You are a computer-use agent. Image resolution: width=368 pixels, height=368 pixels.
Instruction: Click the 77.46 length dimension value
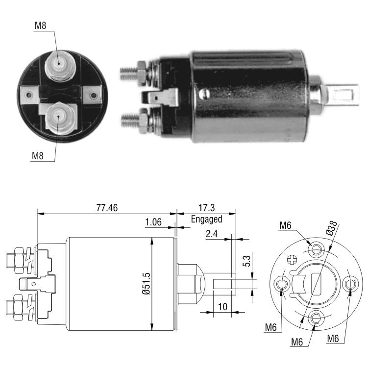[x=107, y=208]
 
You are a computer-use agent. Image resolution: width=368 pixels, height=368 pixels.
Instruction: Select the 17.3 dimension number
[x=206, y=208]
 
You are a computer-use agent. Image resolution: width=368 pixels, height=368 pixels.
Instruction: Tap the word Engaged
[x=206, y=219]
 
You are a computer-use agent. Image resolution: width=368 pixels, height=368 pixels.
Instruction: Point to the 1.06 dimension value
[x=153, y=222]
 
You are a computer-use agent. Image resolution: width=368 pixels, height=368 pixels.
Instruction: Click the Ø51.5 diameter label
[x=146, y=284]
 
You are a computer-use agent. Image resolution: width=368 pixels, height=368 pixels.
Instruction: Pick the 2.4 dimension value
[x=212, y=234]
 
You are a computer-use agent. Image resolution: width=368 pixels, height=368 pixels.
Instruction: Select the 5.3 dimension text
[x=247, y=261]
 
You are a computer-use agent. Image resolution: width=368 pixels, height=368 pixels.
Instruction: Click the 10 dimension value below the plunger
[x=223, y=307]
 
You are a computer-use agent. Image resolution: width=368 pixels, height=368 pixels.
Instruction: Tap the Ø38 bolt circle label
[x=332, y=228]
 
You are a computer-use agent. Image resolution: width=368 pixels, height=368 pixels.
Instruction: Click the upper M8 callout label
[x=40, y=25]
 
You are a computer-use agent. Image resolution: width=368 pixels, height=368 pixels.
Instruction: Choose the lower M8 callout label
[x=38, y=156]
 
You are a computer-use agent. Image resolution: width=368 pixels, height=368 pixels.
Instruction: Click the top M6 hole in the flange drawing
[x=316, y=249]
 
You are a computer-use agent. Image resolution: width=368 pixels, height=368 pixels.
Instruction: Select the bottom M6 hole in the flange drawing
[x=316, y=318]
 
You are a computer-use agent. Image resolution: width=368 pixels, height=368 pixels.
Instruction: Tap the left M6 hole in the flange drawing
[x=281, y=284]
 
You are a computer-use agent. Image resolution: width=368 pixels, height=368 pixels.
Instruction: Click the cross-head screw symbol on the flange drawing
[x=292, y=260]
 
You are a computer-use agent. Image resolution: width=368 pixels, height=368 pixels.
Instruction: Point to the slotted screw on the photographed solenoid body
[x=204, y=94]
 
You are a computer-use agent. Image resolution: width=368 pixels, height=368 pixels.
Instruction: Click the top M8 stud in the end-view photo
[x=60, y=67]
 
